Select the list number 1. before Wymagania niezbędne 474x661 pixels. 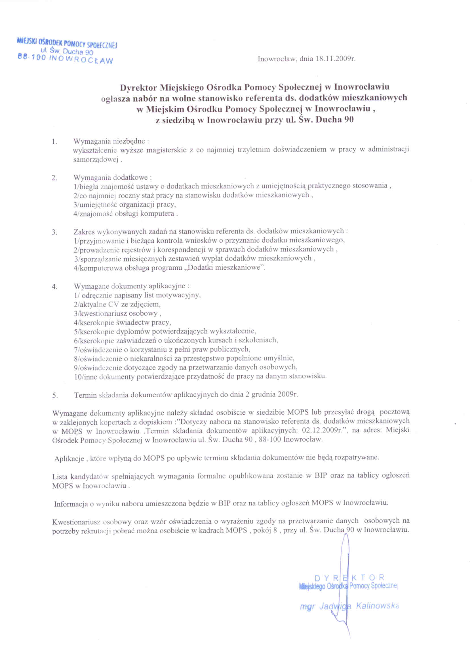pos(54,142)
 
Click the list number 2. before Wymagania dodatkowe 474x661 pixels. pos(54,178)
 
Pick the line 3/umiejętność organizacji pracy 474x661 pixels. pos(125,204)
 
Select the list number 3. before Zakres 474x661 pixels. pos(54,232)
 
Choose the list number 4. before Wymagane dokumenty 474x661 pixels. pos(54,287)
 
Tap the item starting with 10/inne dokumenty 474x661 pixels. pos(200,376)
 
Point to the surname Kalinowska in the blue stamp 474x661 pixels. pos(377,606)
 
